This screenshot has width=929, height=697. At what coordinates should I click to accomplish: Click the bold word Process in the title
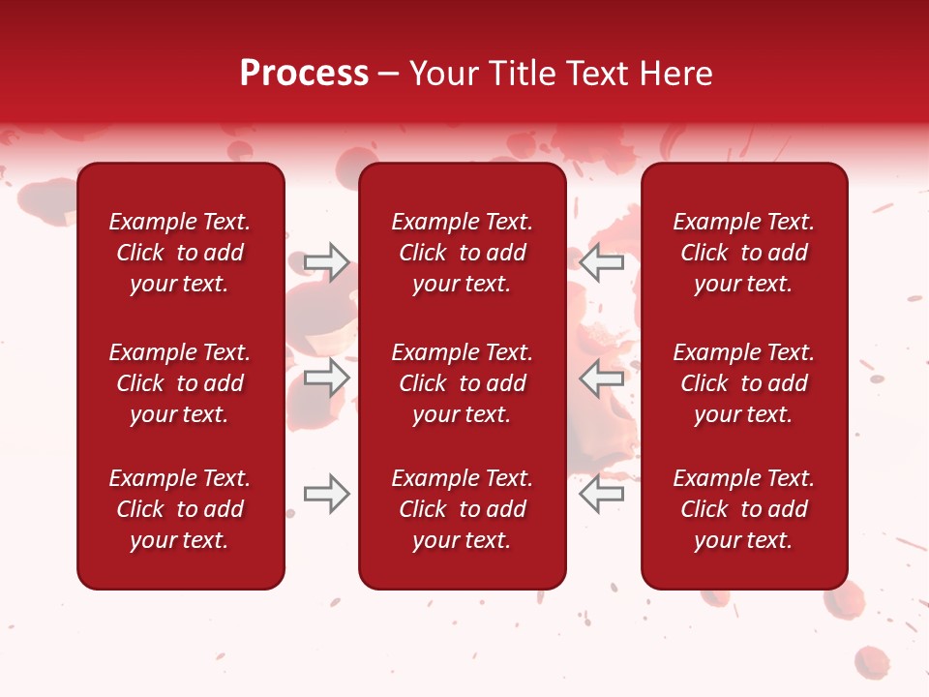point(304,74)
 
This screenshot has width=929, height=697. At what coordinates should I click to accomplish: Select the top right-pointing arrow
point(327,262)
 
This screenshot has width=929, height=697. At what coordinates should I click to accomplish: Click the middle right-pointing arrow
point(327,378)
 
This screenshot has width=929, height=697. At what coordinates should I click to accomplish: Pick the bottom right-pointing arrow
point(327,494)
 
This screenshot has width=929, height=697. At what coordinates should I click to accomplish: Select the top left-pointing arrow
point(602,262)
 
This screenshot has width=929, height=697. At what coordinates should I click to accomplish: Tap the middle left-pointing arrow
point(602,378)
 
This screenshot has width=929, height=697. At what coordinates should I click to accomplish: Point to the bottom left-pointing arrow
point(602,494)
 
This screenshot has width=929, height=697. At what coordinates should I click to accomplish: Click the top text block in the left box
point(180,253)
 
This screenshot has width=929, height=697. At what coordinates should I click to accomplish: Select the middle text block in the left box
point(180,383)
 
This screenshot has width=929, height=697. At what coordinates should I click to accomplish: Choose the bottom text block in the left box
point(180,509)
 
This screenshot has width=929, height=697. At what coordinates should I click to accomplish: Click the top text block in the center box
point(463,253)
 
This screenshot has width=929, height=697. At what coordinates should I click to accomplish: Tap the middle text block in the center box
point(463,383)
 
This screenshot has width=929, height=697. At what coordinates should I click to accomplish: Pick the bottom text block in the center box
point(463,509)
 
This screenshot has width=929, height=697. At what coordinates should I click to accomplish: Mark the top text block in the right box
point(744,253)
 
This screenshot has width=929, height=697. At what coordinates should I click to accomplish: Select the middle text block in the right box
point(744,383)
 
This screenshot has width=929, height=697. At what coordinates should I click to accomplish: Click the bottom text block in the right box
point(744,509)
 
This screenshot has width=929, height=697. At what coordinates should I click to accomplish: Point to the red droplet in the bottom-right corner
point(872,662)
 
